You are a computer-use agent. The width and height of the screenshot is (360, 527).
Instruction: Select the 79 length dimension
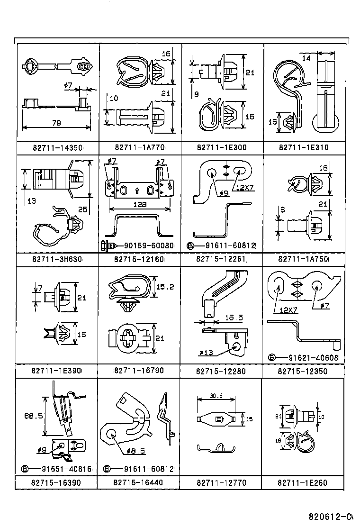point(56,123)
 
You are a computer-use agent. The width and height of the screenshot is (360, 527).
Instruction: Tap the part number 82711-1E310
point(304,148)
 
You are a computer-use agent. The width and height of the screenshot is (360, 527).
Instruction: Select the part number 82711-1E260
point(303,483)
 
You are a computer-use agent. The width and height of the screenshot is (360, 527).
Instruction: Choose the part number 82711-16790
point(140,371)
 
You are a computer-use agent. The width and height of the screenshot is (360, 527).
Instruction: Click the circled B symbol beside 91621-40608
point(271,357)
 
